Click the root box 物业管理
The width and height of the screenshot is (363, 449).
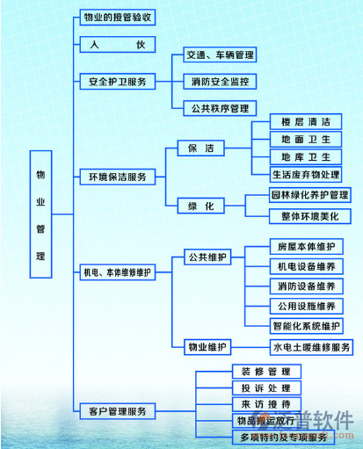(x=40, y=214)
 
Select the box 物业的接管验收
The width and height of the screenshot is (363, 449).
(x=118, y=18)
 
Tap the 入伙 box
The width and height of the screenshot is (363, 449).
(x=118, y=44)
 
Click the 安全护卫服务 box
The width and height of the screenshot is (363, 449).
(x=118, y=81)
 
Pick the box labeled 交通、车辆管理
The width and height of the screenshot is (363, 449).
(x=220, y=54)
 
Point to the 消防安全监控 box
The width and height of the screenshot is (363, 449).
(x=220, y=82)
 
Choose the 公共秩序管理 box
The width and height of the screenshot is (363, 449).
(x=220, y=109)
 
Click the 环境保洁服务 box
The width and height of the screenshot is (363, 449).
(x=118, y=177)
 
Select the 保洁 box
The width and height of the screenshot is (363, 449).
(x=200, y=148)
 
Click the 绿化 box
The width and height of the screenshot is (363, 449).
(x=200, y=205)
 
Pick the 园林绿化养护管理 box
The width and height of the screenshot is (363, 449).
(x=310, y=195)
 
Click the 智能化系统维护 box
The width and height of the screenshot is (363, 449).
(x=306, y=326)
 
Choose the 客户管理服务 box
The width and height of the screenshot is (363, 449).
(x=118, y=410)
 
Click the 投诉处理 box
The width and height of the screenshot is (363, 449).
(x=260, y=387)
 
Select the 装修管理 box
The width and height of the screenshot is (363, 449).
(x=260, y=371)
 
